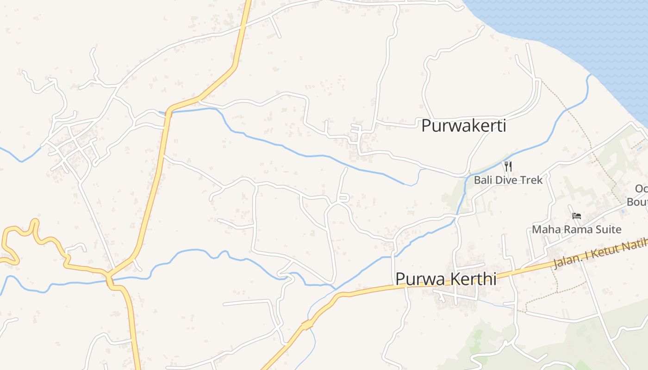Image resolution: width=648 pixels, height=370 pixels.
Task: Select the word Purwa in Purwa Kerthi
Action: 415,279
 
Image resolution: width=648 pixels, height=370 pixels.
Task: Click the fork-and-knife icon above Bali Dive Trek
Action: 508,166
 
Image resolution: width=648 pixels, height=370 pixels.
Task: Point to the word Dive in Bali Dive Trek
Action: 508,180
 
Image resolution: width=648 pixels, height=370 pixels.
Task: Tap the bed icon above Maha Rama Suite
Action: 577,216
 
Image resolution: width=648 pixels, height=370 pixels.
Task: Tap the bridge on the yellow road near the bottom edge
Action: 307,325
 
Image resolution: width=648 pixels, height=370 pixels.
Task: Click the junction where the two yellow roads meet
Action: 110,276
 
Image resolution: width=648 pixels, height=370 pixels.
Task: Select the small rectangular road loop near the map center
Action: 343,198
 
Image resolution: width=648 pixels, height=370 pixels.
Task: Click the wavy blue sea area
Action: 579,28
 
